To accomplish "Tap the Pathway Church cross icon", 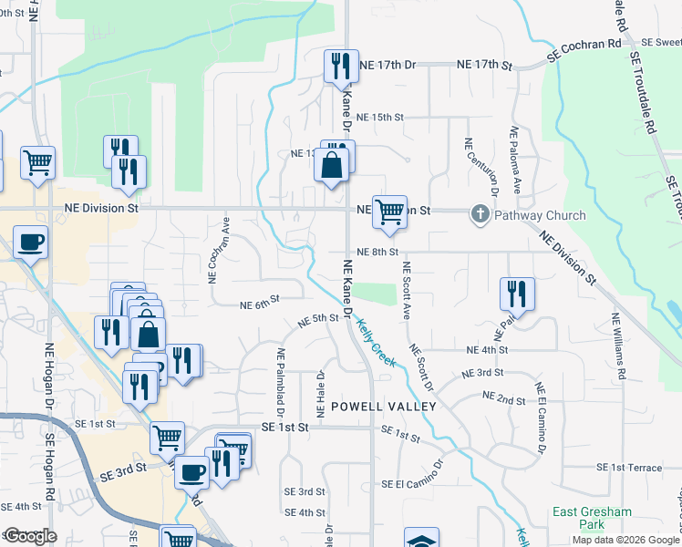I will (x=480, y=215).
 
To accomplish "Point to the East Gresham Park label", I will (x=592, y=518).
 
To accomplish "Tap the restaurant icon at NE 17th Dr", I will (x=342, y=66).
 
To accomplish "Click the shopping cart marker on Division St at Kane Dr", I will (x=389, y=212).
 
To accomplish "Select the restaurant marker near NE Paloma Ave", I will (x=517, y=294).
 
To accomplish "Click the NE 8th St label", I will (x=378, y=252).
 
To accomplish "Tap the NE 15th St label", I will (x=379, y=118).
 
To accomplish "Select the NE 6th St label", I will (x=259, y=304).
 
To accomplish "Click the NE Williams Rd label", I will (x=619, y=346).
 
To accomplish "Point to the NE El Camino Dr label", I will (x=541, y=418).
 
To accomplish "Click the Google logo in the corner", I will (x=29, y=536).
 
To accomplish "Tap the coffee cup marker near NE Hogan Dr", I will (x=30, y=243).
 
